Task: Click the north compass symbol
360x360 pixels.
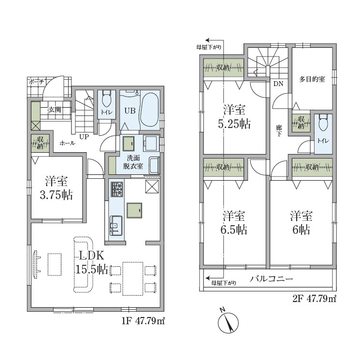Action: click(228, 322)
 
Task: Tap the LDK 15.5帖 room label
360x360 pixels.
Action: click(92, 262)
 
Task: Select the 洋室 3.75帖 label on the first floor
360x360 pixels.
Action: click(56, 188)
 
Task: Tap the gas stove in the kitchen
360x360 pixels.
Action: click(117, 189)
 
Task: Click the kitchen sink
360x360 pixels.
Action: click(115, 226)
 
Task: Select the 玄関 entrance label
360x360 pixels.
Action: click(55, 110)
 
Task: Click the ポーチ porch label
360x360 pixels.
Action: click(37, 82)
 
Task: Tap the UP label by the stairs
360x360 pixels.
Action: click(84, 137)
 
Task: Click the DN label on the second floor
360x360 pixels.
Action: click(278, 84)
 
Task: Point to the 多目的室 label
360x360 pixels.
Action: click(312, 79)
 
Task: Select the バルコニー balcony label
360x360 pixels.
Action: click(272, 279)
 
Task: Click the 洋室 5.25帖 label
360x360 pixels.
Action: click(234, 116)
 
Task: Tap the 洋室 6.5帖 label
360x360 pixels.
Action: click(234, 223)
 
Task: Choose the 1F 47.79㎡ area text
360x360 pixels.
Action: click(143, 321)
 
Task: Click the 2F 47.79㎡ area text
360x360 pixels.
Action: click(314, 299)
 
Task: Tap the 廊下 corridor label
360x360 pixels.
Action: click(279, 130)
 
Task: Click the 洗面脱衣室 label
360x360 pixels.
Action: click(133, 162)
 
